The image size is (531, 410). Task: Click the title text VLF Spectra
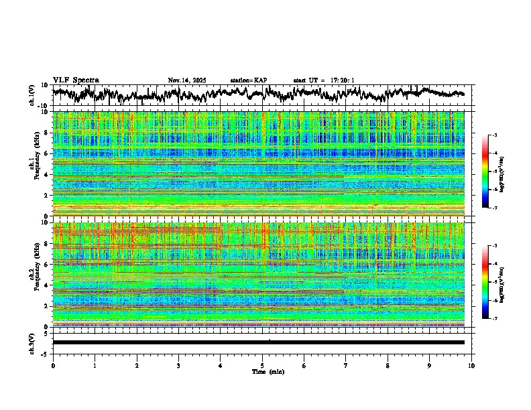(76, 80)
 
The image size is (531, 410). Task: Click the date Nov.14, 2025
(187, 80)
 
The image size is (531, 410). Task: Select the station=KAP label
(248, 80)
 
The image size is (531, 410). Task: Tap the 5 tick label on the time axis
(262, 366)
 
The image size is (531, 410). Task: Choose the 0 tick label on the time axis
(53, 366)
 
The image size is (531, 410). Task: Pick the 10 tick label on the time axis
(471, 366)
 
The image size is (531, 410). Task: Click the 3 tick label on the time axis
(178, 366)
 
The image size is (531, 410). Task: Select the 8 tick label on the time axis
(388, 366)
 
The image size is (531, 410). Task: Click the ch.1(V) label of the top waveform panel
(32, 95)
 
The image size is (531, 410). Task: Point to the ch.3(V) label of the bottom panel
(32, 342)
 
